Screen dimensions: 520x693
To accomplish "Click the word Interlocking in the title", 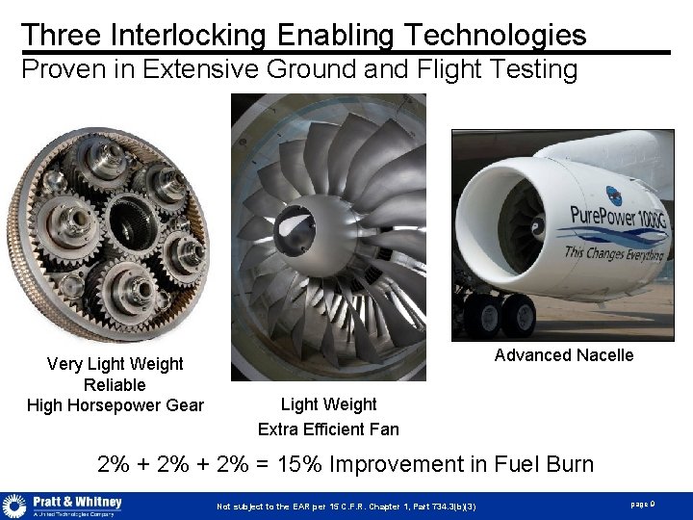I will click(189, 36).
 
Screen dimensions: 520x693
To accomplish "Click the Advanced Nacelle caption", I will click(564, 355).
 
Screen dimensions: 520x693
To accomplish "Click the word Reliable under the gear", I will click(115, 385).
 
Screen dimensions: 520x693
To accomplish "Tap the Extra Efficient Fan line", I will click(328, 429).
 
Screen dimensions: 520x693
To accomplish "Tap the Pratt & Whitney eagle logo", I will click(14, 506).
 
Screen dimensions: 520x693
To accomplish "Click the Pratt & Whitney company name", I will click(78, 502).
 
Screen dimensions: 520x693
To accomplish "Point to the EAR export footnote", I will click(346, 507).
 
